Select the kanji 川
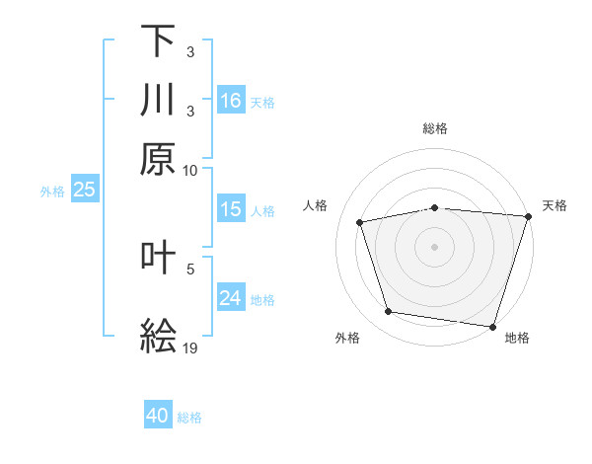point(158,100)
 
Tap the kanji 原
point(158,159)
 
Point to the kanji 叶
point(158,258)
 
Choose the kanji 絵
point(158,336)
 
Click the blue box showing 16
point(231,101)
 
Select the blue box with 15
point(231,209)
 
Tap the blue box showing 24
point(231,298)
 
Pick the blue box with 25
point(84,190)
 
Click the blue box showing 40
point(158,416)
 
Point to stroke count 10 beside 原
point(190,170)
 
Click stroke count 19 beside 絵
point(190,348)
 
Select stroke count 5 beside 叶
point(190,269)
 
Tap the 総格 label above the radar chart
point(435,128)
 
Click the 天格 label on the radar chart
point(555,205)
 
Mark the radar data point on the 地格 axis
point(492,326)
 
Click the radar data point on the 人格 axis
point(361,222)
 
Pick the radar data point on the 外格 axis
point(389,312)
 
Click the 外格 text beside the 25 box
point(51,191)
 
